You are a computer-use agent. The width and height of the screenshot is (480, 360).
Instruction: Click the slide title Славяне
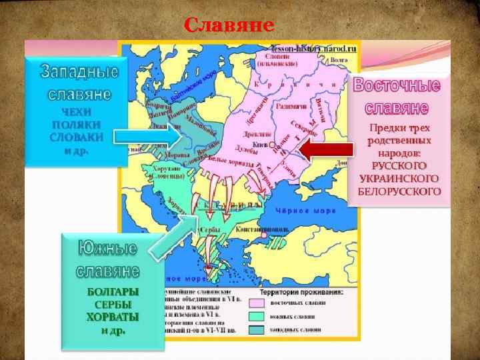point(229,25)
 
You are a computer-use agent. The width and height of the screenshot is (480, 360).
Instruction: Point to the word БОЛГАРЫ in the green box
point(113,292)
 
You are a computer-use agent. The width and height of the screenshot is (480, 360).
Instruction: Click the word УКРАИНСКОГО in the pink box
point(399,179)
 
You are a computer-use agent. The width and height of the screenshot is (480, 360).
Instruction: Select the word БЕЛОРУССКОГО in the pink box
point(399,191)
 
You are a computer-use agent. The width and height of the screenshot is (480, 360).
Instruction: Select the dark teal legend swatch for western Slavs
point(260,329)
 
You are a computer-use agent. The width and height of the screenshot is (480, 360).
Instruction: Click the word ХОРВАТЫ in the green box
point(113,317)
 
